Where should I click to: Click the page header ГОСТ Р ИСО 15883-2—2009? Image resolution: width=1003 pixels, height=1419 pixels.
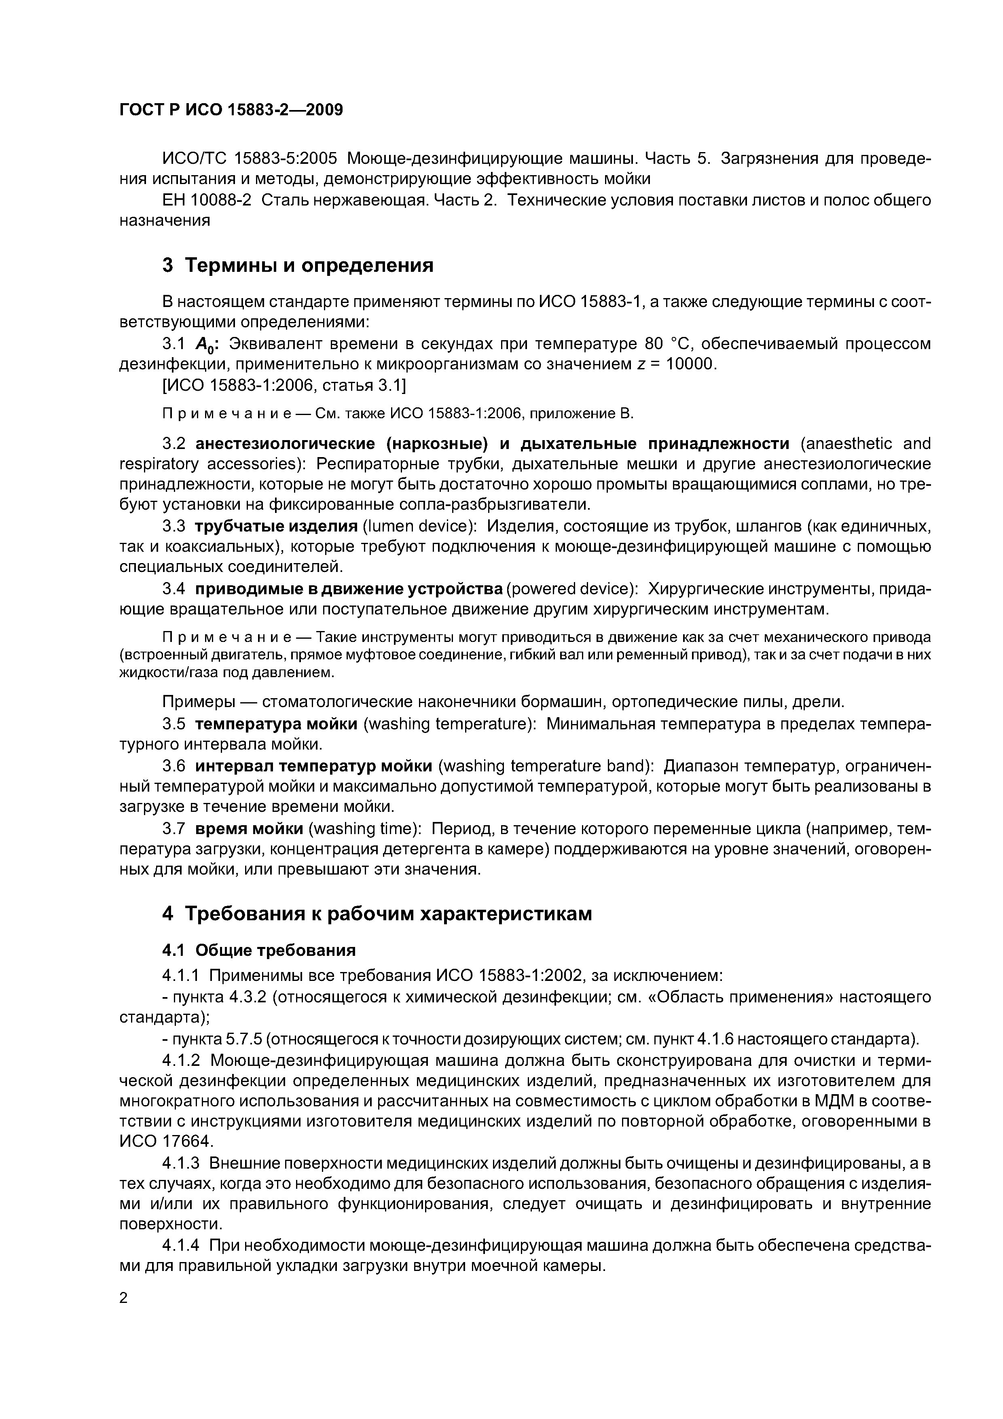[x=231, y=110]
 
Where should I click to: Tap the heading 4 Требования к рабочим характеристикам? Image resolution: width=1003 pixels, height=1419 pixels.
[x=377, y=913]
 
